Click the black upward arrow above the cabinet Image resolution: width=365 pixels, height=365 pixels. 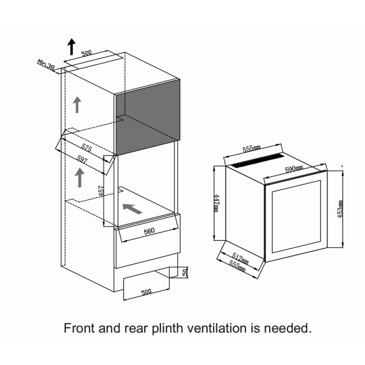click(x=72, y=47)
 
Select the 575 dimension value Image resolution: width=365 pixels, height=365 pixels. click(x=87, y=147)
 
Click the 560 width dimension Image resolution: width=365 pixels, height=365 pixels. click(x=149, y=231)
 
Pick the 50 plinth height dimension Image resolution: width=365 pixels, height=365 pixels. click(x=185, y=272)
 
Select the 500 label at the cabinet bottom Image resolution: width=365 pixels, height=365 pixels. click(x=146, y=292)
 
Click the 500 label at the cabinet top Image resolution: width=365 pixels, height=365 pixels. click(x=87, y=53)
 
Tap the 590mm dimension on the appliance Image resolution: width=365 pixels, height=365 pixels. click(x=294, y=169)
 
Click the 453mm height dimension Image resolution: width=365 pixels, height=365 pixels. click(x=340, y=209)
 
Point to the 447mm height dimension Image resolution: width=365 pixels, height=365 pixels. click(x=216, y=203)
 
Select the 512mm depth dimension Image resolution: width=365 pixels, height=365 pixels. click(x=240, y=259)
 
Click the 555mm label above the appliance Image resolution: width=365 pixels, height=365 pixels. click(x=251, y=149)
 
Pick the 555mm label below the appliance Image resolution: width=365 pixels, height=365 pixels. click(x=237, y=266)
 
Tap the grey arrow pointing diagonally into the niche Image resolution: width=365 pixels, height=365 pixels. click(x=132, y=209)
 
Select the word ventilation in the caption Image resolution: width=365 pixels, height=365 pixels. click(x=217, y=328)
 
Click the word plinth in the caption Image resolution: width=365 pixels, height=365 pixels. click(x=167, y=328)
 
